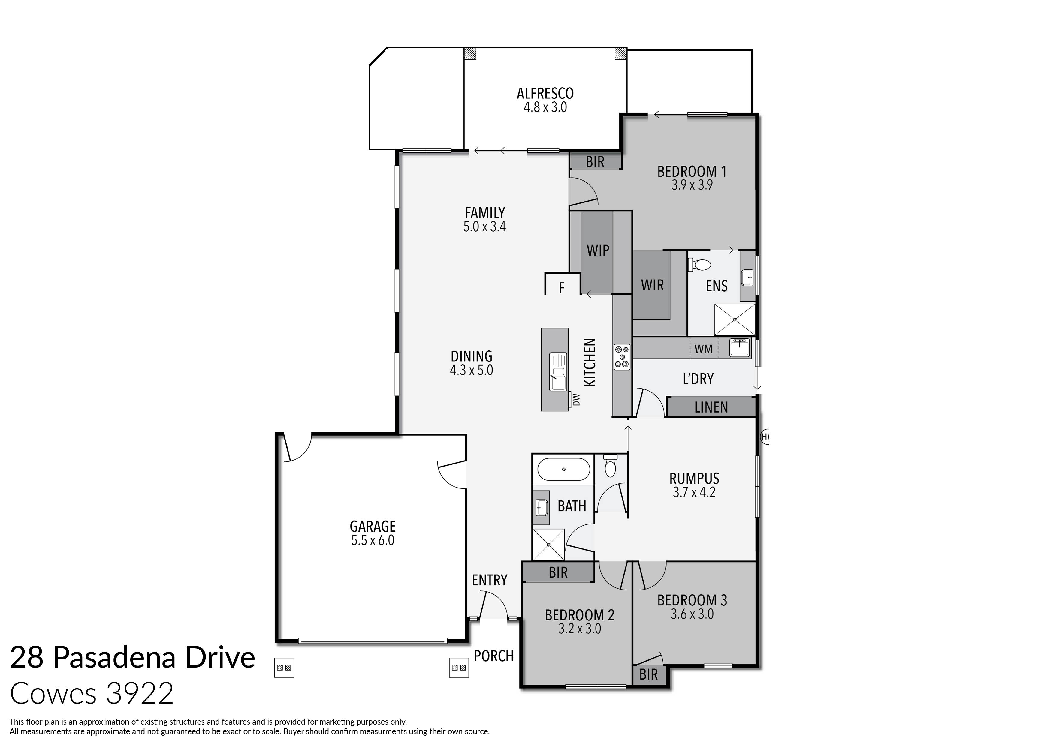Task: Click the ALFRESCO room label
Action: [x=545, y=94]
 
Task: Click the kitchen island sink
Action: [x=558, y=371]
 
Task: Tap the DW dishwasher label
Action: [x=577, y=399]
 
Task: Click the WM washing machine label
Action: [x=703, y=349]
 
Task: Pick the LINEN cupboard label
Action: [x=711, y=407]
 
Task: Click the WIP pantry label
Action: [x=598, y=250]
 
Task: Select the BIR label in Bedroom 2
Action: [x=558, y=572]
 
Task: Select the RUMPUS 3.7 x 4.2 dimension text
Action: [x=694, y=492]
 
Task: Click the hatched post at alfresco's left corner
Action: [x=470, y=54]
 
